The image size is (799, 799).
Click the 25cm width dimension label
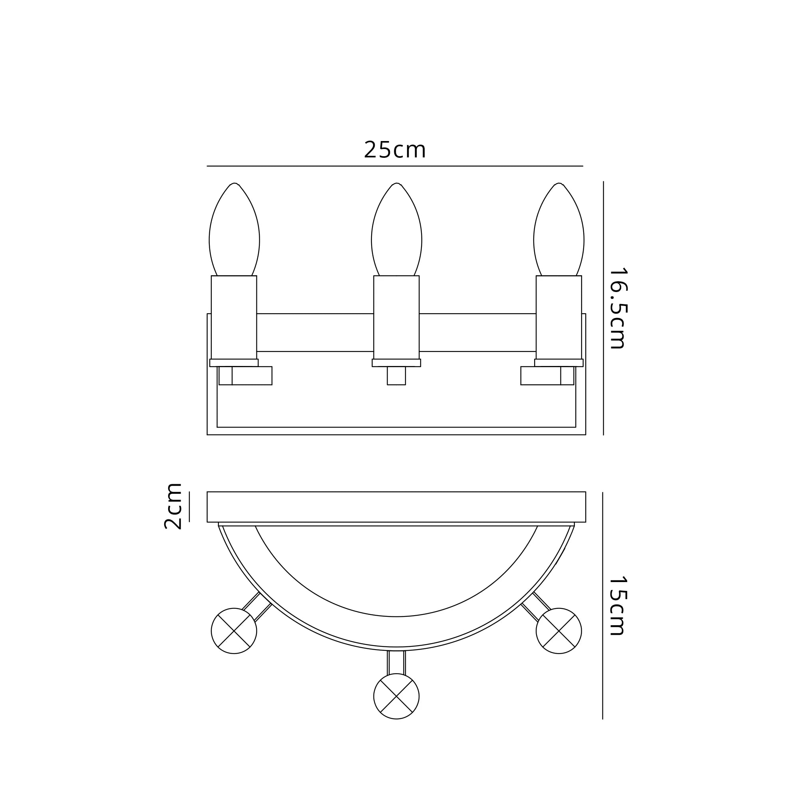pyautogui.click(x=395, y=150)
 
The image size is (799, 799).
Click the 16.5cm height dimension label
pyautogui.click(x=618, y=308)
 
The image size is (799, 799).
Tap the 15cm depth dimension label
pyautogui.click(x=618, y=606)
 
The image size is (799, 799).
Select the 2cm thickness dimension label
pyautogui.click(x=173, y=506)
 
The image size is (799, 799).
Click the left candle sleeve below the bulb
pyautogui.click(x=234, y=317)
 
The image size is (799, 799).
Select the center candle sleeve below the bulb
pyautogui.click(x=396, y=317)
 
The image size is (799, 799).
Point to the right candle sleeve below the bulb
pyautogui.click(x=559, y=317)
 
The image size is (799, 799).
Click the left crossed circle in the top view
pyautogui.click(x=234, y=631)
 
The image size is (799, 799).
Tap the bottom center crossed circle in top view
pyautogui.click(x=396, y=696)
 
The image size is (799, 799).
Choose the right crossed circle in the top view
pyautogui.click(x=559, y=631)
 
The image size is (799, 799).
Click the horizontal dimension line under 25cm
pyautogui.click(x=395, y=166)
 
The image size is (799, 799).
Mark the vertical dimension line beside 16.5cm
pyautogui.click(x=603, y=308)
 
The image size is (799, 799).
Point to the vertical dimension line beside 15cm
pyautogui.click(x=602, y=606)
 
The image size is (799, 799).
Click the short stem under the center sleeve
pyautogui.click(x=396, y=376)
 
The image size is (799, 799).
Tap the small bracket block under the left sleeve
pyautogui.click(x=246, y=376)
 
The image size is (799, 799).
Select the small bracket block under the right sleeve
pyautogui.click(x=547, y=376)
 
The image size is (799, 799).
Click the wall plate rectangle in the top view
pyautogui.click(x=396, y=507)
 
